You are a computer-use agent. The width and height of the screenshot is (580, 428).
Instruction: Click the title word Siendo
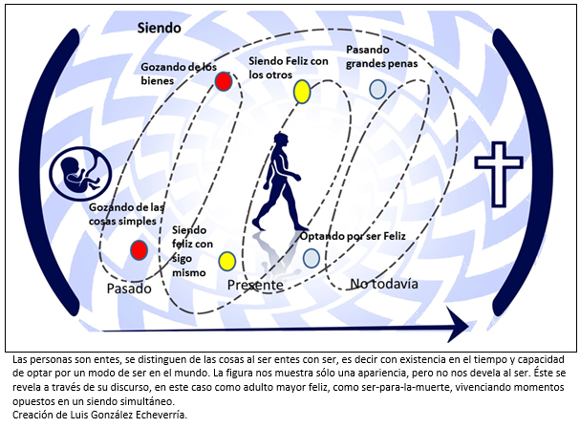pos(159,28)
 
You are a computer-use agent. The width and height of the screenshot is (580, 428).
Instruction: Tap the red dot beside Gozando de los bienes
pos(224,81)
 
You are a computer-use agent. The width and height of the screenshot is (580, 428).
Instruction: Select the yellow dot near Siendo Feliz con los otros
pos(302,92)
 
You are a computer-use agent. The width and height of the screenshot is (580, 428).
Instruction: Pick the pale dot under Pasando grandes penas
pos(377,89)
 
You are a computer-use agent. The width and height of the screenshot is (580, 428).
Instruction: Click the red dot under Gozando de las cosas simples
pos(140,250)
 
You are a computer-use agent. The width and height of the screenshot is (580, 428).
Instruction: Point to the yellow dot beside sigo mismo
pos(227,261)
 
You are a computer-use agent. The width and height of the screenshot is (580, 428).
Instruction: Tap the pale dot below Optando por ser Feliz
pos(311,258)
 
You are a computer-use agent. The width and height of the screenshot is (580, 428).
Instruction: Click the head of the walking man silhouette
pos(281,141)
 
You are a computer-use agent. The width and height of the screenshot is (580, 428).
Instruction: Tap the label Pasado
pos(129,289)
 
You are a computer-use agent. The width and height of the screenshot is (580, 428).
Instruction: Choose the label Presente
pos(255,286)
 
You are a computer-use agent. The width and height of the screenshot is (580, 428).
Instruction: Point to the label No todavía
pos(384,284)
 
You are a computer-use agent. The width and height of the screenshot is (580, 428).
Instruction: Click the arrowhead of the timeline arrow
pos(458,325)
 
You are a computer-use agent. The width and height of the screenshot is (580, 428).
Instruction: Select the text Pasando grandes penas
pos(382,56)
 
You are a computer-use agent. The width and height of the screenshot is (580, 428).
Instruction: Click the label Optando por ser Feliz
pos(353,236)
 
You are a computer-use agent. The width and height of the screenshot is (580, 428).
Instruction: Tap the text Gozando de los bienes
pos(179,74)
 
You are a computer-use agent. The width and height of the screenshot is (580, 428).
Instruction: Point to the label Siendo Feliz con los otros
pos(289,68)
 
